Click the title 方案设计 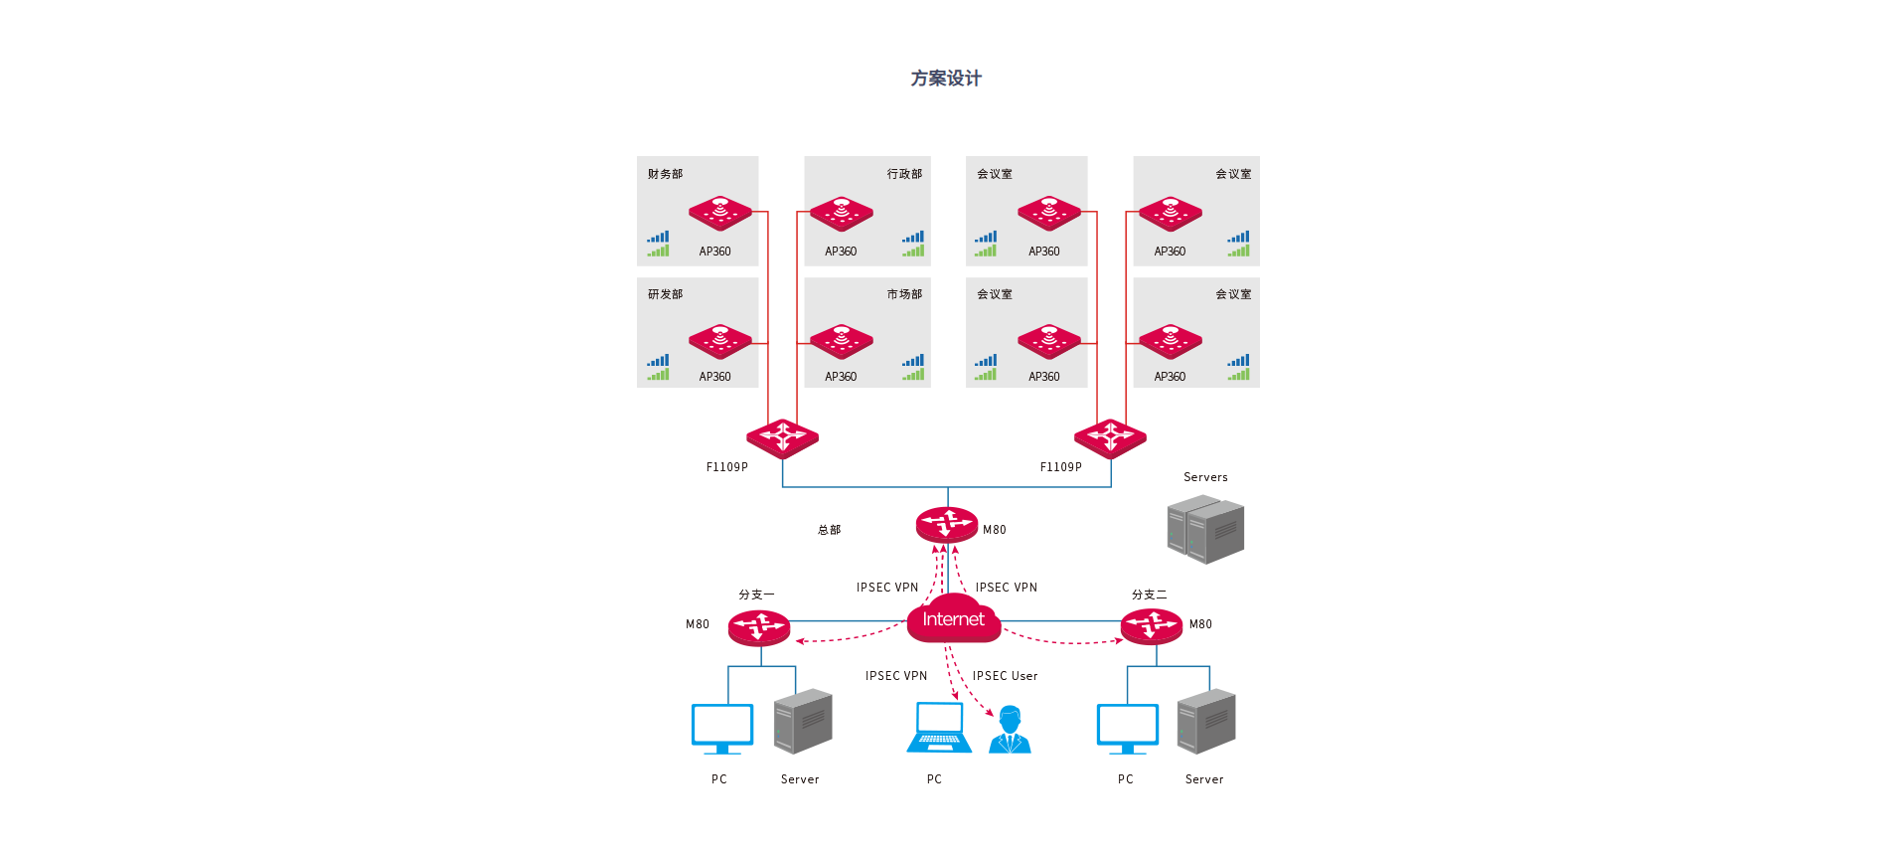tap(945, 79)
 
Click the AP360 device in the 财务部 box tap(720, 213)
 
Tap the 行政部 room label tap(904, 174)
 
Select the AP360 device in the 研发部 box tap(720, 341)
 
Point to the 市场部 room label tap(904, 294)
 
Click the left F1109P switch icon tap(783, 437)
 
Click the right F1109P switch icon tap(1110, 437)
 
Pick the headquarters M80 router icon tap(947, 523)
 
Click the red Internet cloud tap(953, 618)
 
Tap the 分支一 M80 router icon tap(759, 627)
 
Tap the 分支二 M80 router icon tap(1152, 626)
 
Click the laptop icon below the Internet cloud tap(939, 728)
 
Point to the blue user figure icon tap(1011, 730)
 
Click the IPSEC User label tap(1005, 676)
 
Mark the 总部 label tap(829, 530)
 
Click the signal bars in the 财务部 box tap(658, 244)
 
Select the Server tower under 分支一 tap(803, 721)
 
